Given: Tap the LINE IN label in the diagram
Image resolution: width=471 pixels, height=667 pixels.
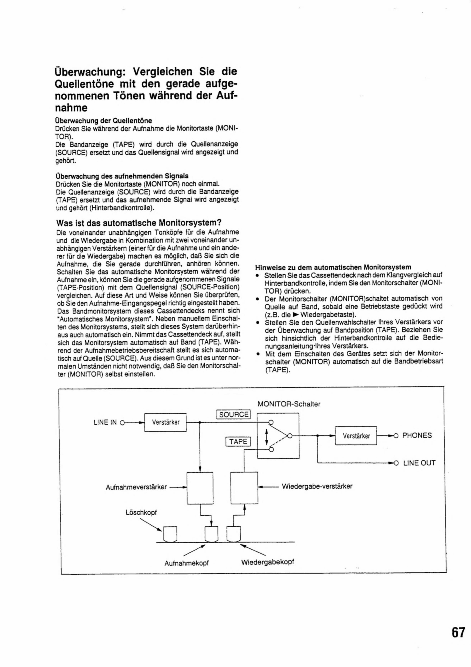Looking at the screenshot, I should point(105,422).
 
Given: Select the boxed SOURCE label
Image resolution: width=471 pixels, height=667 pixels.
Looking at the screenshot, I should point(233,414).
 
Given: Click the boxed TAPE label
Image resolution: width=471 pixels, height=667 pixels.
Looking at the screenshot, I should point(238,441).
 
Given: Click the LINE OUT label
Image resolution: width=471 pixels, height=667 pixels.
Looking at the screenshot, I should point(419,463).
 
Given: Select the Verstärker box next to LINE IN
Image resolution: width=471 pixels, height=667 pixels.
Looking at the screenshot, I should point(166,422).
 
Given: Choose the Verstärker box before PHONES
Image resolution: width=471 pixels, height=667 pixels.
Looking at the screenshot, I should point(356,436).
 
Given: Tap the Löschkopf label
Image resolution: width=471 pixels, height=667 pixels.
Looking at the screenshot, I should point(141,512).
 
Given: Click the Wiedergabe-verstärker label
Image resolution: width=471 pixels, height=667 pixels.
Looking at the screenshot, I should point(317,486).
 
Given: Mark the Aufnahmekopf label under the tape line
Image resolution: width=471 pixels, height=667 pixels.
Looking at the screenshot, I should point(186,563).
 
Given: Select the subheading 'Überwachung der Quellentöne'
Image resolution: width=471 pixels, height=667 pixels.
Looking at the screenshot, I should point(104,120).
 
